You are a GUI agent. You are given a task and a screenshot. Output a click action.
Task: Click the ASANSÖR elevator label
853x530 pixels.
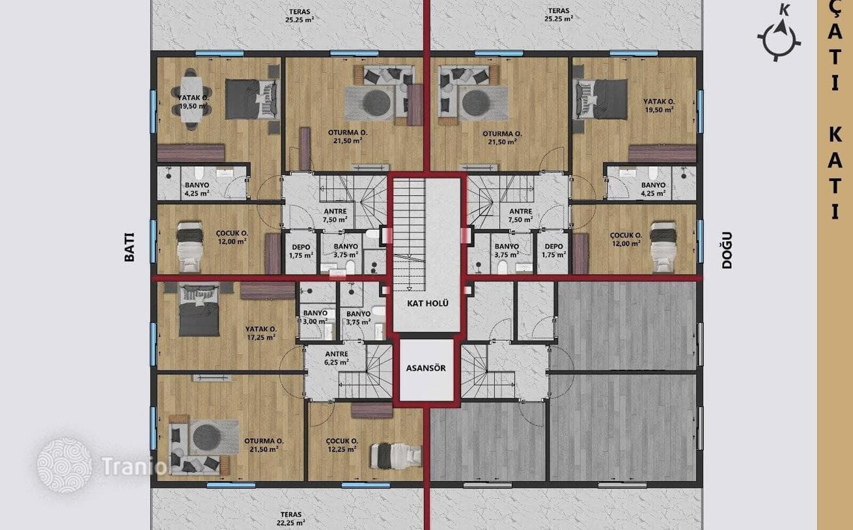point(426,368)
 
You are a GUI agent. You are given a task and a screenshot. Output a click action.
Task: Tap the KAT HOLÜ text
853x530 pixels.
point(428,303)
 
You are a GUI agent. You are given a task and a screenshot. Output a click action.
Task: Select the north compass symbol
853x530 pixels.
point(779,35)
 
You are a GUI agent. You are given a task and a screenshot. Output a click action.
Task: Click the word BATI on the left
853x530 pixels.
point(130,247)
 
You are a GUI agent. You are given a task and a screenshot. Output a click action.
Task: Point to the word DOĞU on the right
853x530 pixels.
point(727,250)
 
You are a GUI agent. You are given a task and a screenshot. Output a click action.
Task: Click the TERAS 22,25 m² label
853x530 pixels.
point(291,518)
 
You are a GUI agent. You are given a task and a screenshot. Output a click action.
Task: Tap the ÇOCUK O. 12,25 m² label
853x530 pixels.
point(342,445)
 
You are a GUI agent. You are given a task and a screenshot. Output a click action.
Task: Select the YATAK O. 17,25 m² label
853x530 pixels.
point(261,333)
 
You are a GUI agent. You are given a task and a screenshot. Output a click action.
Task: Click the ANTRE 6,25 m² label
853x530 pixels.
point(337,358)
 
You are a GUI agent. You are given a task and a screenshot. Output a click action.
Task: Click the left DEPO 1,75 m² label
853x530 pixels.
point(301,251)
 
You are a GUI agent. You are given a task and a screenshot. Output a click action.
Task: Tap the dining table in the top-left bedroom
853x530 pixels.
point(191,100)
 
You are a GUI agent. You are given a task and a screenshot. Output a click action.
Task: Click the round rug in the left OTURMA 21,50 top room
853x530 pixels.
point(377,102)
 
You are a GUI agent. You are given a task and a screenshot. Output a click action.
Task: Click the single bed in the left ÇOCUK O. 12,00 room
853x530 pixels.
point(190,247)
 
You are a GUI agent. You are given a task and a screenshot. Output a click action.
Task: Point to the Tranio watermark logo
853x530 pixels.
point(64,466)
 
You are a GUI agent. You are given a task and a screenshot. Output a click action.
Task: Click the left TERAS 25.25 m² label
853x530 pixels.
point(300,16)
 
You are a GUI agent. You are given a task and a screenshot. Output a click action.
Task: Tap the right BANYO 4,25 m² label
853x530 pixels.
point(653,189)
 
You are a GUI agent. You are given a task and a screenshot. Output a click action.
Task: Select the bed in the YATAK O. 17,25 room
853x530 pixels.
point(199,310)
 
